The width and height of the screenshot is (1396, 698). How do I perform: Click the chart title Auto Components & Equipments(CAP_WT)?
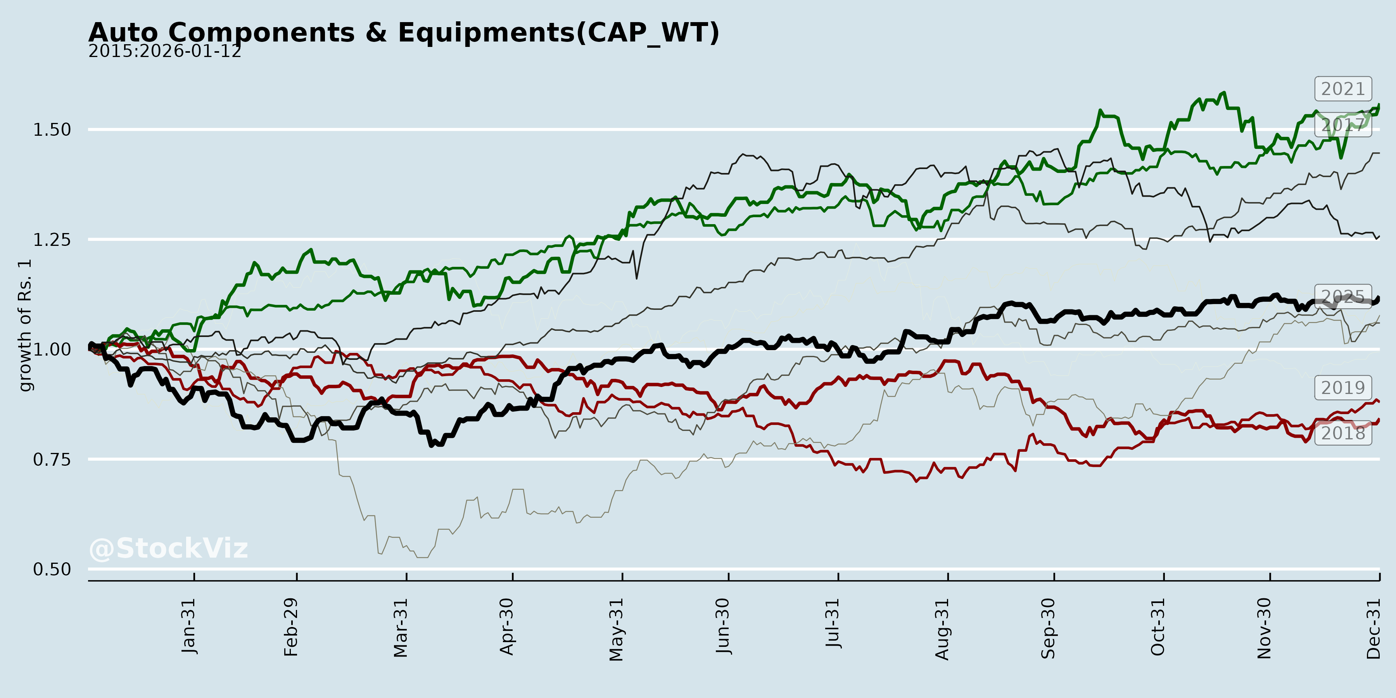404,33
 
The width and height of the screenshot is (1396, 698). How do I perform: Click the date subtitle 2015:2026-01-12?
165,52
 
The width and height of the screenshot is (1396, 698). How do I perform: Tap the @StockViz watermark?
168,548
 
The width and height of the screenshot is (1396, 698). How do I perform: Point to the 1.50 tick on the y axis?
52,130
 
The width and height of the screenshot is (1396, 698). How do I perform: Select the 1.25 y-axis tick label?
52,240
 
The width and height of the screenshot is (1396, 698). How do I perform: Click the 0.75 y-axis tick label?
52,460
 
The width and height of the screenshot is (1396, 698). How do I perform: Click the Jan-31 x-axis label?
188,626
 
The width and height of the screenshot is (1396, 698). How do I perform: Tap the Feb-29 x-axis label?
291,627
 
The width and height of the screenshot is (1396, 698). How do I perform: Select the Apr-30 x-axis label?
507,627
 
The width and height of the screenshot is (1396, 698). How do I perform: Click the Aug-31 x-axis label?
942,629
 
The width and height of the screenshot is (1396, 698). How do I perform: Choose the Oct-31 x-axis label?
1158,627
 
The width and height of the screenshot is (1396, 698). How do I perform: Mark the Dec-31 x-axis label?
1373,628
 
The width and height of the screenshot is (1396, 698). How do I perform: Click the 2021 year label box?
1342,89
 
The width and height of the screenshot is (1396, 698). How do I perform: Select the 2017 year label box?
1342,124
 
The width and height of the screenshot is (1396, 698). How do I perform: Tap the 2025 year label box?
1342,296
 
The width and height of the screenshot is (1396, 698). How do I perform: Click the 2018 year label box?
1342,433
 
